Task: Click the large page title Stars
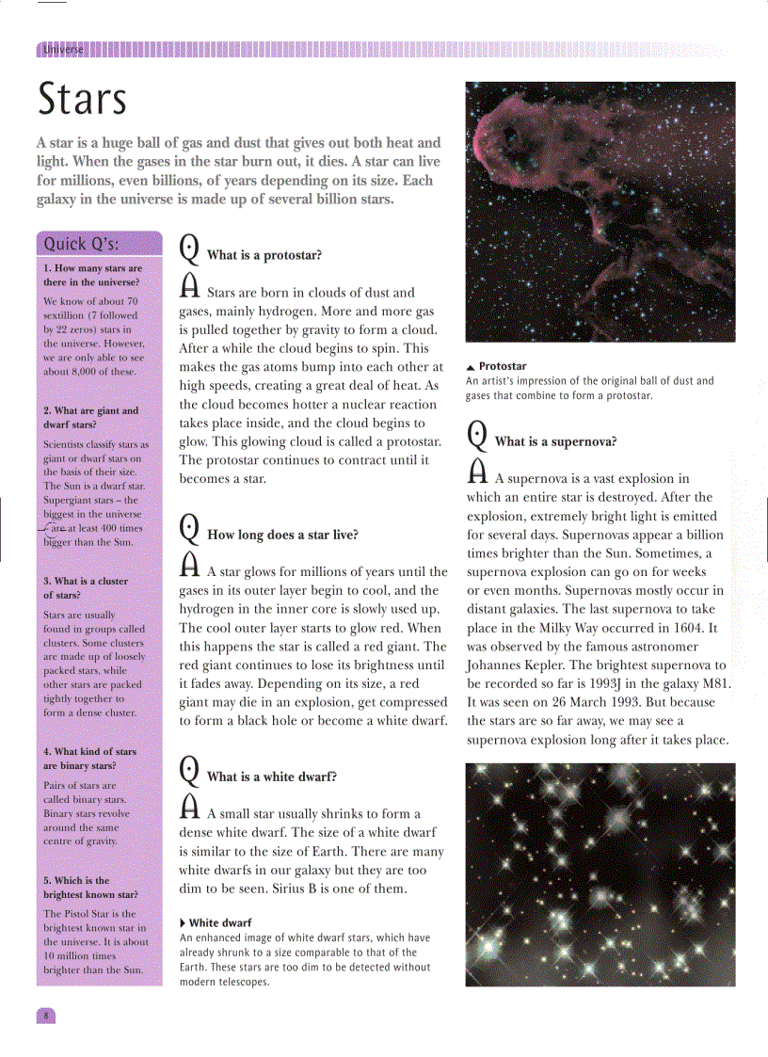pyautogui.click(x=82, y=99)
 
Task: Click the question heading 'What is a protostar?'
pyautogui.click(x=264, y=255)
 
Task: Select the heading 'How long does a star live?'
pyautogui.click(x=282, y=535)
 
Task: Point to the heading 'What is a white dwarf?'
pyautogui.click(x=271, y=777)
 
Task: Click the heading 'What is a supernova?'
pyautogui.click(x=555, y=440)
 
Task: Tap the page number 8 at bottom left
pyautogui.click(x=45, y=1016)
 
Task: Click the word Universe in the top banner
pyautogui.click(x=62, y=50)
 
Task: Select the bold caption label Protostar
pyautogui.click(x=503, y=366)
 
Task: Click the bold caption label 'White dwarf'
pyautogui.click(x=220, y=922)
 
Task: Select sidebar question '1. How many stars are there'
pyautogui.click(x=92, y=275)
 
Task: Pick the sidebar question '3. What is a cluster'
pyautogui.click(x=85, y=587)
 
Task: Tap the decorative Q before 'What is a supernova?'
pyautogui.click(x=477, y=435)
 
